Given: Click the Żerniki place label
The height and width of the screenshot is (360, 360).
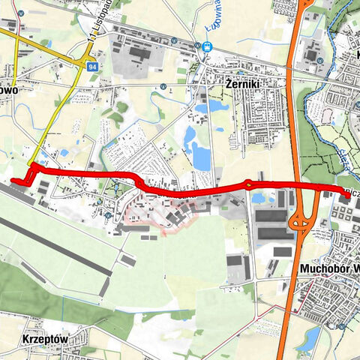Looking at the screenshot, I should click(x=243, y=85).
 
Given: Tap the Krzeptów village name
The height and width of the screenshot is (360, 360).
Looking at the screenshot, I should click(x=46, y=339).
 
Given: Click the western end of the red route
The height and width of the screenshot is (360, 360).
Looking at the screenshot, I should click(x=13, y=180).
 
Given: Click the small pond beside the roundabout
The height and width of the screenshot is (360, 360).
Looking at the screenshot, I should click(x=259, y=198).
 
